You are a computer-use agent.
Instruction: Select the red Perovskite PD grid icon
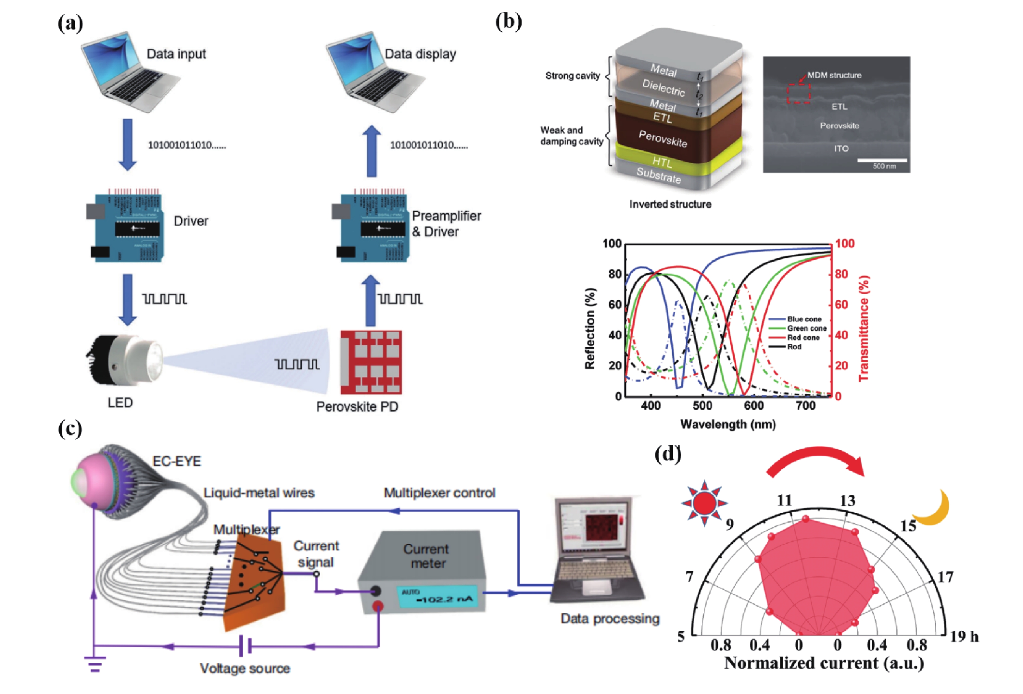pyautogui.click(x=371, y=362)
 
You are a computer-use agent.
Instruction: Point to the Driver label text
pyautogui.click(x=191, y=221)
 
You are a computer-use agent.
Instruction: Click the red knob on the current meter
pyautogui.click(x=377, y=606)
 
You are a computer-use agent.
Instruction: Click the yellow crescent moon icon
pyautogui.click(x=932, y=509)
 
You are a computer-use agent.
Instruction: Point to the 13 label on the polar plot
pyautogui.click(x=847, y=501)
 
